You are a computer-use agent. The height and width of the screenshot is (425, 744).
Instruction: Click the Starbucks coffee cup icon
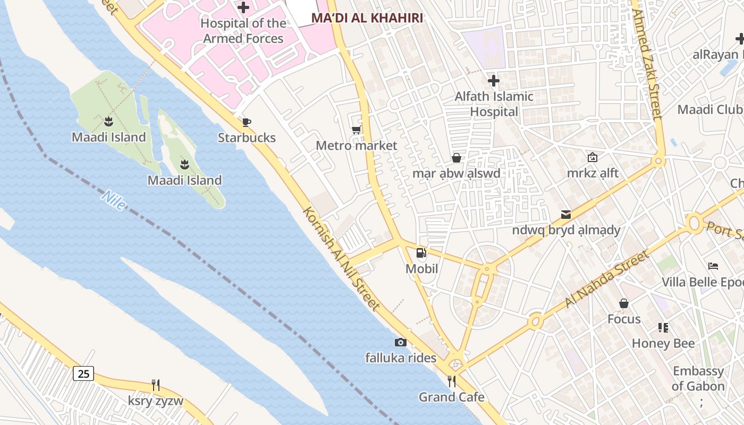tap(246, 123)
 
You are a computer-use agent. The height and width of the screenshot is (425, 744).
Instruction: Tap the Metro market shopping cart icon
tap(356, 130)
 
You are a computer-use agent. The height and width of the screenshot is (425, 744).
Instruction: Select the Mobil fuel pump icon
tap(421, 253)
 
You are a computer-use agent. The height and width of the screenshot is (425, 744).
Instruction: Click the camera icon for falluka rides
tap(401, 343)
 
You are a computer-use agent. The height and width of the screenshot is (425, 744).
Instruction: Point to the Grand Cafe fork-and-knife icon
tap(451, 381)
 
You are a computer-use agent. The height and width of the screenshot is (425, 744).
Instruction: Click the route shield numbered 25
tap(83, 373)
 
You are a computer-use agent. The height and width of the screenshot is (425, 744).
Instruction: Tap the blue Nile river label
tap(114, 200)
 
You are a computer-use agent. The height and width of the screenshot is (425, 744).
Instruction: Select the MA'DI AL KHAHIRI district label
tap(367, 18)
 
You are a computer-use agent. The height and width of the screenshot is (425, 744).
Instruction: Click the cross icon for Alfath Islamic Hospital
tap(494, 81)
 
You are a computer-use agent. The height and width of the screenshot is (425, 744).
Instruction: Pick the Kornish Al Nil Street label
tap(341, 258)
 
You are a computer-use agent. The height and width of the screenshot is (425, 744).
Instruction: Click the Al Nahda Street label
tap(607, 279)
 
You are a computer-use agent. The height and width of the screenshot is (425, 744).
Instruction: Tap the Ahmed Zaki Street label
tap(647, 64)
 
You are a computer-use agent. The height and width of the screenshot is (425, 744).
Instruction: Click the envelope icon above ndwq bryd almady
tap(566, 215)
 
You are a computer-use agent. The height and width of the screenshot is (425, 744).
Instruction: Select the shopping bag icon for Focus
tap(624, 304)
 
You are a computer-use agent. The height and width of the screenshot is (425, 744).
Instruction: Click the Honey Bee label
tap(663, 343)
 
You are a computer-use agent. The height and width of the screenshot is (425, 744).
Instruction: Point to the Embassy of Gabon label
tap(698, 378)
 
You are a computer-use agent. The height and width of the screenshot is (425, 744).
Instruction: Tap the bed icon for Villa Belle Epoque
tap(713, 266)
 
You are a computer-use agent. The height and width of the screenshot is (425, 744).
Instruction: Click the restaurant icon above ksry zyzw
tap(155, 385)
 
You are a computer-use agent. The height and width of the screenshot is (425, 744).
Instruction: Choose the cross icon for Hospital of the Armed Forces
tap(243, 7)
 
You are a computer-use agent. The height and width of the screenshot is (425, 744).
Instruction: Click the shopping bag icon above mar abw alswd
tap(456, 158)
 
